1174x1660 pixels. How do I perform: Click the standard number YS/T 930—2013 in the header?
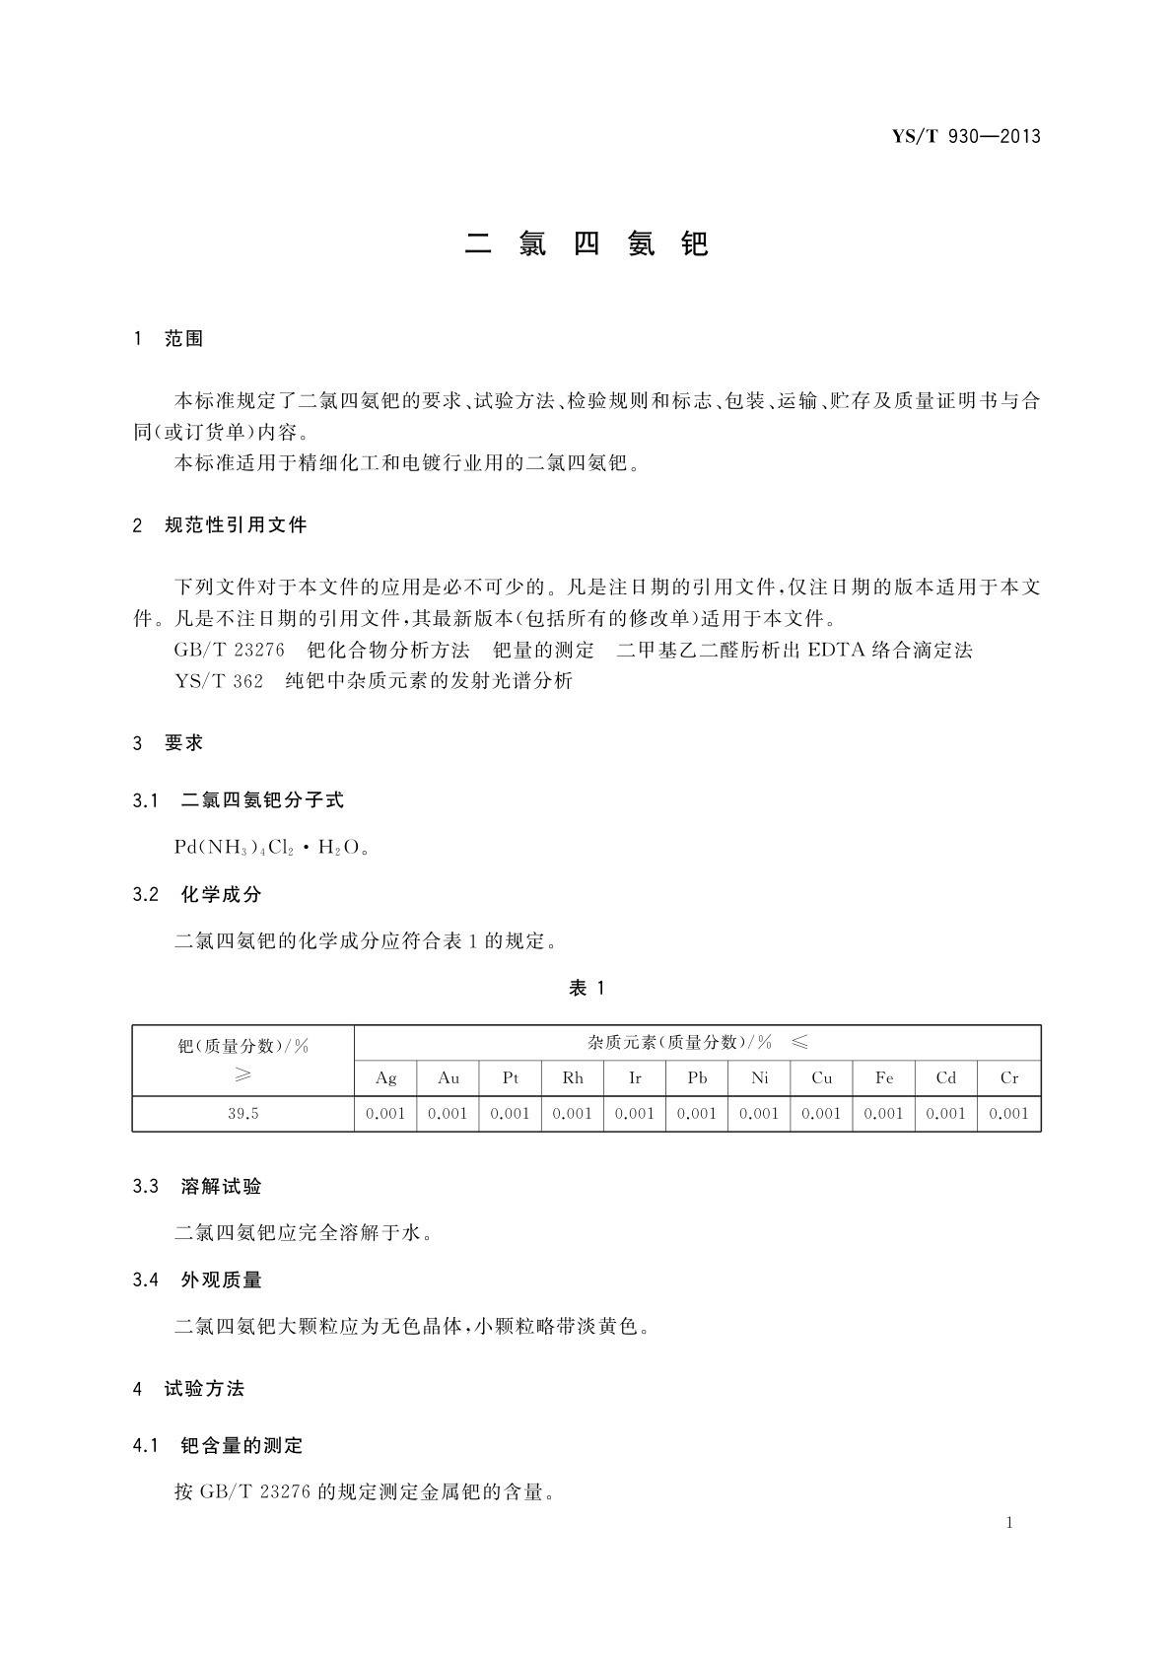(x=966, y=137)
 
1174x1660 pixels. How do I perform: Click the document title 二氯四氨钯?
(x=587, y=243)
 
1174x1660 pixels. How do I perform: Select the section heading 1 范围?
(x=169, y=339)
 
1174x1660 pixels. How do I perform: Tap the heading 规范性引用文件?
(x=236, y=525)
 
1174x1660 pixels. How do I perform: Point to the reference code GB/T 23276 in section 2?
(x=230, y=650)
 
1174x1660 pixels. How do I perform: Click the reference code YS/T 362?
(x=219, y=681)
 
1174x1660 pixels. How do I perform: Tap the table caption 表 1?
(x=587, y=988)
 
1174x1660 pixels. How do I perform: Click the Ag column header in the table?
(x=385, y=1078)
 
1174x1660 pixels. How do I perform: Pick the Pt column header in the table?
(x=510, y=1078)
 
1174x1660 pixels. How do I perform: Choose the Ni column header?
(x=759, y=1078)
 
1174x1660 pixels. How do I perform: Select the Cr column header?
(x=1009, y=1078)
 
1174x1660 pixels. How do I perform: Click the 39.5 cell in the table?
(x=243, y=1114)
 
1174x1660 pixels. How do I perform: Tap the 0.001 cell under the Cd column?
(x=946, y=1114)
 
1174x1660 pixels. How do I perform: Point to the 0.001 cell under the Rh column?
(x=573, y=1114)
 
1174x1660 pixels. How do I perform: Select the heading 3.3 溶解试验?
(x=198, y=1187)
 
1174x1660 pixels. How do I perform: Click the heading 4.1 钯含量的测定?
(x=218, y=1446)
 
